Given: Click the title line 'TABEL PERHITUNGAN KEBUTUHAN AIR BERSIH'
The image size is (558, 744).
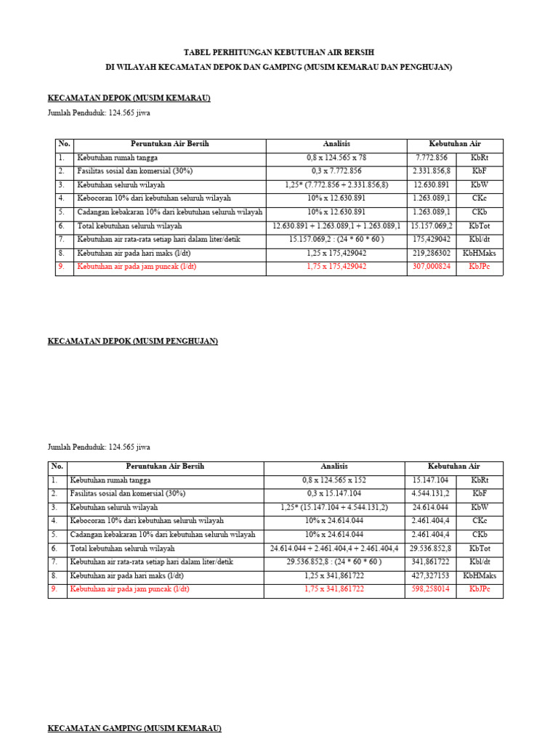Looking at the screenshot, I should click(279, 52).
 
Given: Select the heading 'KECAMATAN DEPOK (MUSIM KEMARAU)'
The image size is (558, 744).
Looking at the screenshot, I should click(129, 97).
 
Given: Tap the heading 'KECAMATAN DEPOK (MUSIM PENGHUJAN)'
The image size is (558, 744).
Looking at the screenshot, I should click(133, 341).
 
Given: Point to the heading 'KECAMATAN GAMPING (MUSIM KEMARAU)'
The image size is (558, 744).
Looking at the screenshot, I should click(134, 727).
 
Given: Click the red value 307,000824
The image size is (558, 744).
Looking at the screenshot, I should click(432, 267).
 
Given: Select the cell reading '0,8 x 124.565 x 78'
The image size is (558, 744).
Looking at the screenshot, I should click(336, 158).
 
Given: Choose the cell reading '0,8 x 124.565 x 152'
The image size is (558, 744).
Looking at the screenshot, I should click(334, 480).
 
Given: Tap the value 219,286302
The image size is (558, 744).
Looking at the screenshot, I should click(432, 253).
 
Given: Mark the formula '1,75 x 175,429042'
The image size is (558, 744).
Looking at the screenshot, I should click(336, 267).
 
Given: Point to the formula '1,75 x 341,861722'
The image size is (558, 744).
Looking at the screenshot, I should click(334, 589).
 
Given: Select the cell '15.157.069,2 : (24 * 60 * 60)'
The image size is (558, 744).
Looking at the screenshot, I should click(336, 239).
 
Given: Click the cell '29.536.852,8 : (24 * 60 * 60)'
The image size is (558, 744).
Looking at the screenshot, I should click(334, 562).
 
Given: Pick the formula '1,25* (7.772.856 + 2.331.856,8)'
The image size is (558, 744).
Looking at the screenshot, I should click(336, 185).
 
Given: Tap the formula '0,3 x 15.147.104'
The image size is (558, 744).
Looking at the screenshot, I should click(334, 494).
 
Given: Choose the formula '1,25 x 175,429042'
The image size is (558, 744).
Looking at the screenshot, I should click(336, 253).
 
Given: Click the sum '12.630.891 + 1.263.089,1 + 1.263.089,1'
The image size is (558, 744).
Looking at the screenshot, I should click(336, 226).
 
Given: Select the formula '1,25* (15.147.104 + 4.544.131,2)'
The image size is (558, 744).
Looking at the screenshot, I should click(334, 507).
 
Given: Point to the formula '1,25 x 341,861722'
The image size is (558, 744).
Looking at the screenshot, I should click(334, 575).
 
